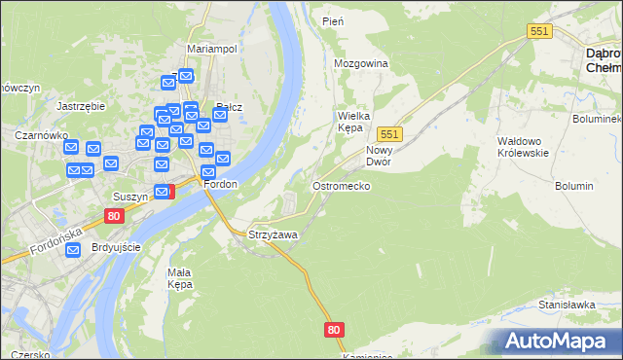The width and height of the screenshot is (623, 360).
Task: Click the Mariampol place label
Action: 212,48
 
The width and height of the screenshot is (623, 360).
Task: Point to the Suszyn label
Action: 129,196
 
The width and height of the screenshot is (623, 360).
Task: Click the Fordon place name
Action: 219,184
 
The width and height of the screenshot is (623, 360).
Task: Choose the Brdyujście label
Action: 117,247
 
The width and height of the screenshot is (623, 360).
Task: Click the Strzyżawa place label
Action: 273,235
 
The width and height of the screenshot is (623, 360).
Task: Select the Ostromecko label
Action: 340,185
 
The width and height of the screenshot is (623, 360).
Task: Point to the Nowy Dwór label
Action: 379,156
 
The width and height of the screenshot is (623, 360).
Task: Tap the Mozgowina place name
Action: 360,64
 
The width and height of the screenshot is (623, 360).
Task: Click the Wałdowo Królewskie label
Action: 523,147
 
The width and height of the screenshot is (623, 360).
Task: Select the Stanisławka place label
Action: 567,305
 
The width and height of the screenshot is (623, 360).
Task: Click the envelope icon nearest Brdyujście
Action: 74,250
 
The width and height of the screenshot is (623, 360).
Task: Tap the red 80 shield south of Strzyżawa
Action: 335,330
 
